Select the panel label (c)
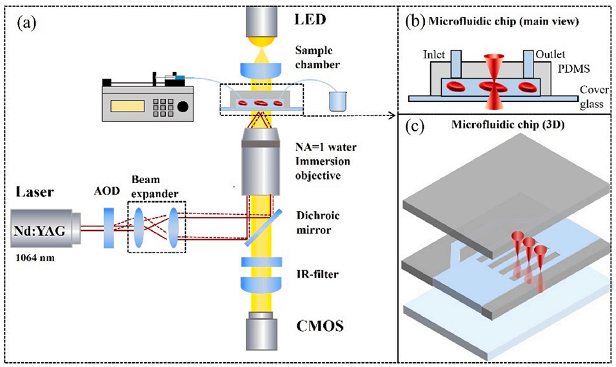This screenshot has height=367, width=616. (x=413, y=126)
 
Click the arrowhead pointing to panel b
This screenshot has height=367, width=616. (x=392, y=116)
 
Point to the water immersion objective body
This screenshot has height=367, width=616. (x=262, y=164)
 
